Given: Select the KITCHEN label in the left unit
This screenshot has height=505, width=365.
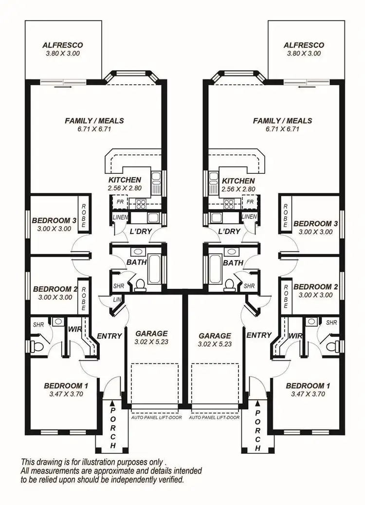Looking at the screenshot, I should point(125,180).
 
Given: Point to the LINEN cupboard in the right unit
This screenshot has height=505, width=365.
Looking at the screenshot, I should point(249,216).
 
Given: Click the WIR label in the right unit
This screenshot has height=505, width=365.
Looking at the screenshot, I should point(295,336).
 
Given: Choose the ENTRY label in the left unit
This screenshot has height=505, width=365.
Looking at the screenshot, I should point(109,336).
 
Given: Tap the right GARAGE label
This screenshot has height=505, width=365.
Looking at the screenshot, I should point(215,336).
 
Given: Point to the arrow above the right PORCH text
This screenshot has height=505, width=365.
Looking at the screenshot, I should point(257,403).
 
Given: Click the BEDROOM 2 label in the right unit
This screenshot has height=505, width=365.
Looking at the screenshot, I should point(312,286).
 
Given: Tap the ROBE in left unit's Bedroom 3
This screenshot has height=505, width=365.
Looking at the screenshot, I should point(84,216).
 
